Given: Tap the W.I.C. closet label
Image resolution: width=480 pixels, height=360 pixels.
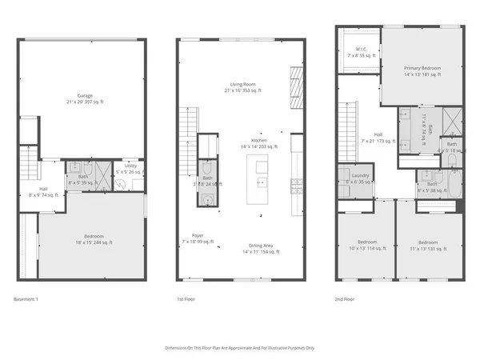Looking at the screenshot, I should click(360, 54).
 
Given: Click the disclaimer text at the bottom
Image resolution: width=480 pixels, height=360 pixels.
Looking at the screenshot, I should click(240, 348).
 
